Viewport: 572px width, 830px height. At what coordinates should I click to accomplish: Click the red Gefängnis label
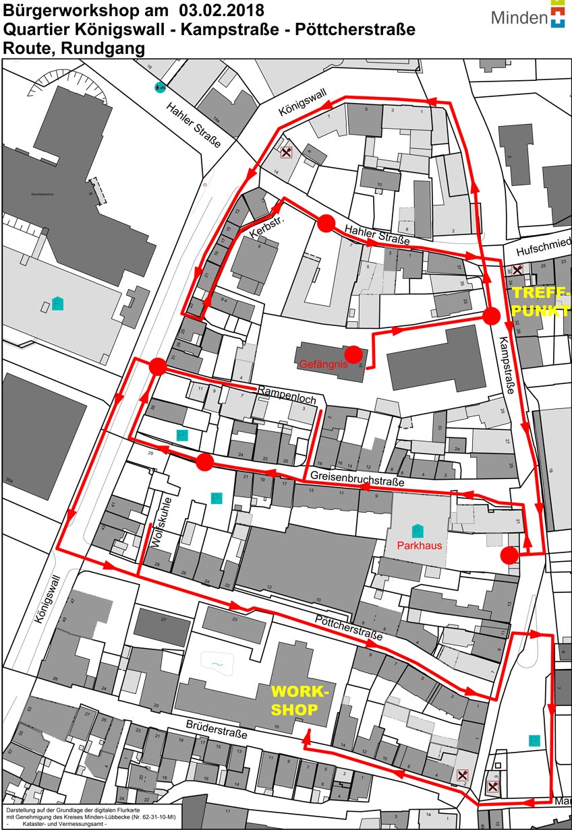tap(322, 364)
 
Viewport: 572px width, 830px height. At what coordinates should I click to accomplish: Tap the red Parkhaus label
tap(420, 545)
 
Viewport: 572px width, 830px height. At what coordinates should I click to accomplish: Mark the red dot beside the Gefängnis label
tap(352, 352)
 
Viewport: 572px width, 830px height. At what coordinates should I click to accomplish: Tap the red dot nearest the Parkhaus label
tap(509, 555)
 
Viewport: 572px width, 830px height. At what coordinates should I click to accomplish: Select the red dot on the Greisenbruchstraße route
tap(205, 462)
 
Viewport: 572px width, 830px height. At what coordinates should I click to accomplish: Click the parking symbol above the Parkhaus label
tap(417, 530)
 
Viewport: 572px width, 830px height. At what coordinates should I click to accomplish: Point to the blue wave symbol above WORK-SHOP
tap(217, 664)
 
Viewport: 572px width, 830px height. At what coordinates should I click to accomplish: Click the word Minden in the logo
tap(519, 18)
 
